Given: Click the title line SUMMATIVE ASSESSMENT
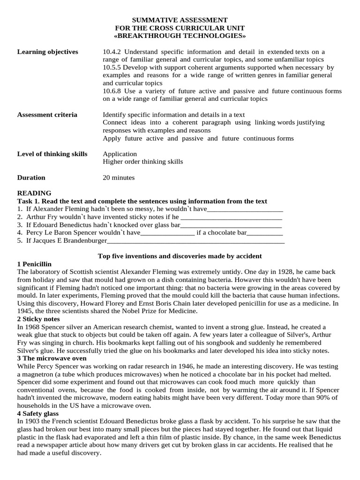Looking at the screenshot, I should pos(180,20).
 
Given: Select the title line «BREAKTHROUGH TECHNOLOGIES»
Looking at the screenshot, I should pos(180,36).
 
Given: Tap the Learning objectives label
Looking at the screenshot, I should pos(47,52).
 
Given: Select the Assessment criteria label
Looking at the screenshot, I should pos(47,115).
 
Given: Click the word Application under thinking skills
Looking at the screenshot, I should pos(120,154).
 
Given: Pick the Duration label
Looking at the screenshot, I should pos(31,178).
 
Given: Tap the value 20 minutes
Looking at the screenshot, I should pos(119,178).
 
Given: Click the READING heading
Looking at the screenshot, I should pos(34,193).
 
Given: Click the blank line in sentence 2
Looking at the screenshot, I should pos(231,217).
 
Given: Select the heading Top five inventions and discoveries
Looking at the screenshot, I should pos(180,256).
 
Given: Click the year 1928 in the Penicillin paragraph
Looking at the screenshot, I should pos(278,272).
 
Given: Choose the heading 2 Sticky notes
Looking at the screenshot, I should pos(37,319).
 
